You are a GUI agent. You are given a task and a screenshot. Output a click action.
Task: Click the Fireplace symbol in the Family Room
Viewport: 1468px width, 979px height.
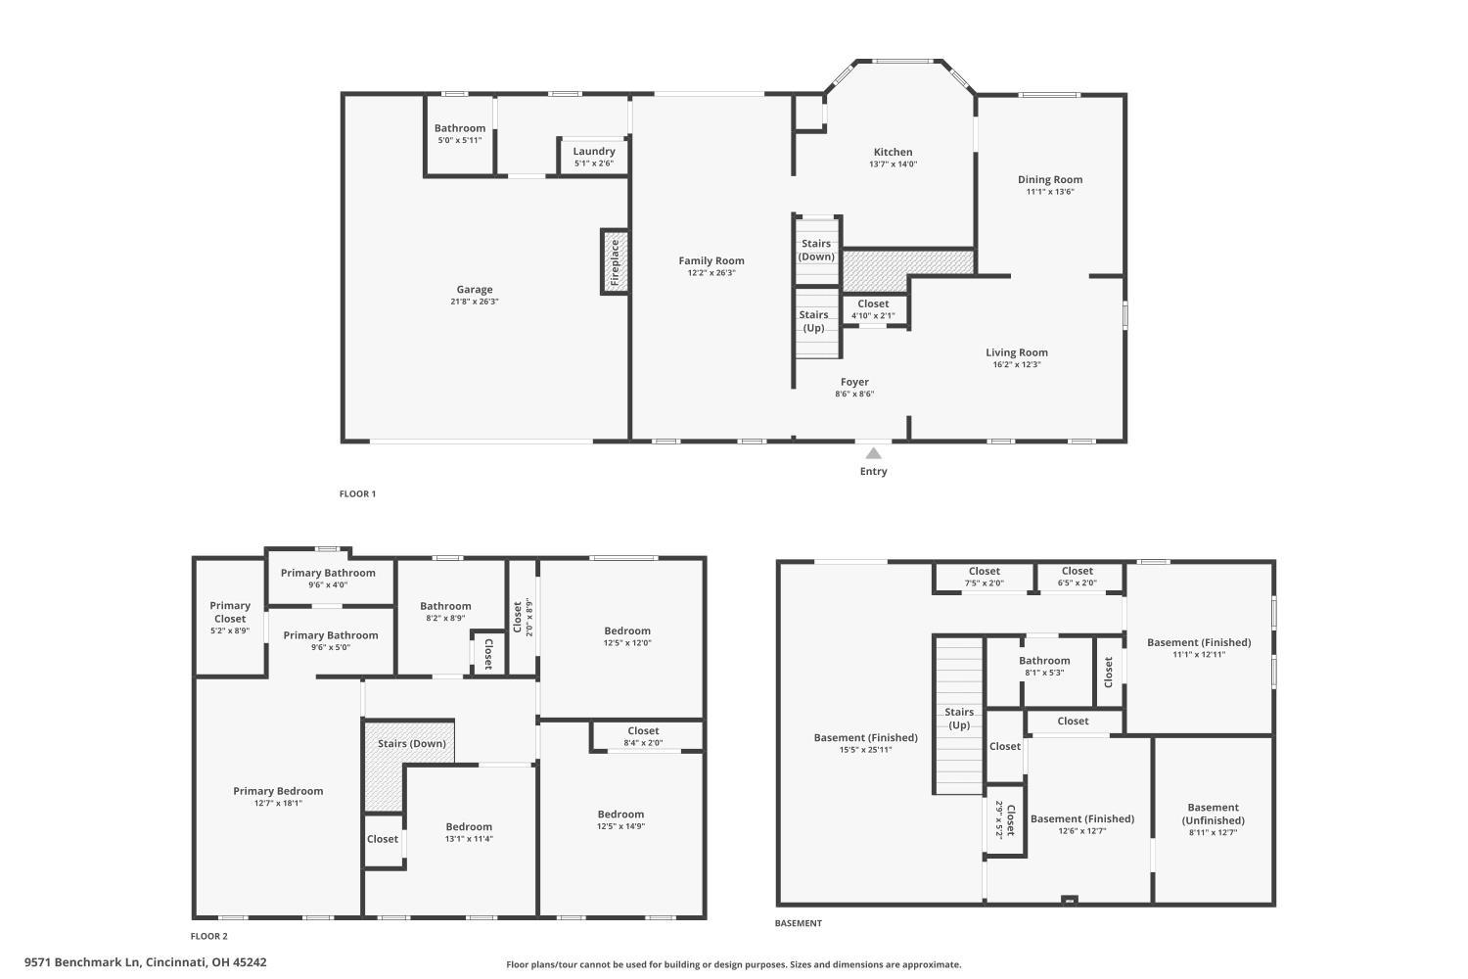click(x=615, y=262)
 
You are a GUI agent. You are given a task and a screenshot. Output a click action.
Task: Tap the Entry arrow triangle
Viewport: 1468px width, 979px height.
click(x=873, y=452)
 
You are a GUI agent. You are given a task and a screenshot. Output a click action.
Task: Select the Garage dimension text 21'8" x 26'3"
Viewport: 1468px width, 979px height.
click(x=475, y=302)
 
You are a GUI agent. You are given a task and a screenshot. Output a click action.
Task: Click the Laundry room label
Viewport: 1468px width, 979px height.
click(x=594, y=151)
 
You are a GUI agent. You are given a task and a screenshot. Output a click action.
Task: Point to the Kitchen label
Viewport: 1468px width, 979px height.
click(x=893, y=152)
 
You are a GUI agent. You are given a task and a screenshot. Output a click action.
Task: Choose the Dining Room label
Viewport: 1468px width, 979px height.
click(x=1050, y=179)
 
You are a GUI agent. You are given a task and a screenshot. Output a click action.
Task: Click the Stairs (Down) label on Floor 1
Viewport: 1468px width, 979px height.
click(x=816, y=250)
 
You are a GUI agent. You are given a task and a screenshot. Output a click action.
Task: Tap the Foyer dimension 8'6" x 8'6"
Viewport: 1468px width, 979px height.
click(x=854, y=395)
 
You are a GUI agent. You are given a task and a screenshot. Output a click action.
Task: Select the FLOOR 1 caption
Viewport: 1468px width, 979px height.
click(x=357, y=494)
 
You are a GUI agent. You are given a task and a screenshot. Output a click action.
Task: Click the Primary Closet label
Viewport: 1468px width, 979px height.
click(x=230, y=612)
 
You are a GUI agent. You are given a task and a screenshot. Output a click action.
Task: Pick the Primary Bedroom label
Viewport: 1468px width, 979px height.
click(x=278, y=791)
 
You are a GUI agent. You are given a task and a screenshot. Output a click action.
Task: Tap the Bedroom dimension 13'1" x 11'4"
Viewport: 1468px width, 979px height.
click(x=469, y=839)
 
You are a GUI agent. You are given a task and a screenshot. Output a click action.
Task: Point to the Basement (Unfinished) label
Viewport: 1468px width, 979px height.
click(x=1214, y=814)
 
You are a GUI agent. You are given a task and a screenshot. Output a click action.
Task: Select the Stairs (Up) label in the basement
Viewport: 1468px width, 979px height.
click(x=959, y=719)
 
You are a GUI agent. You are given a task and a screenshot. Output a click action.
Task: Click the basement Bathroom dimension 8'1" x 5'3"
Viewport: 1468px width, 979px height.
click(x=1044, y=673)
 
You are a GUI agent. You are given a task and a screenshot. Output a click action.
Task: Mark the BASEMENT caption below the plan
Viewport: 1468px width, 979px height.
click(x=799, y=923)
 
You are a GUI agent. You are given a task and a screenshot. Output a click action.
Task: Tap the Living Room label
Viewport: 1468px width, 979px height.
click(x=1017, y=352)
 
